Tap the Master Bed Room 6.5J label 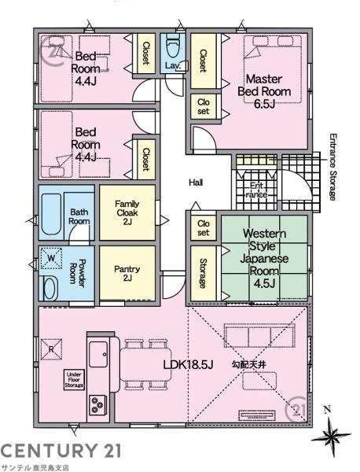pyautogui.click(x=264, y=91)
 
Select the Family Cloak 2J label pyautogui.click(x=127, y=213)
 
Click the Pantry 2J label pyautogui.click(x=127, y=273)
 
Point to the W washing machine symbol pyautogui.click(x=51, y=258)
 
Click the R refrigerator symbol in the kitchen pyautogui.click(x=51, y=349)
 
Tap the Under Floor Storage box pyautogui.click(x=74, y=380)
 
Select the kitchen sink pyautogui.click(x=98, y=354)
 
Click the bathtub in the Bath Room pyautogui.click(x=51, y=214)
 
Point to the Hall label pyautogui.click(x=196, y=183)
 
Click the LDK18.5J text pyautogui.click(x=189, y=365)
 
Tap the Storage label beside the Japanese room pyautogui.click(x=204, y=273)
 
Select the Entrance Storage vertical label pyautogui.click(x=332, y=167)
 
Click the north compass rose pyautogui.click(x=331, y=434)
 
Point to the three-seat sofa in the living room pyautogui.click(x=259, y=336)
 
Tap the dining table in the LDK pyautogui.click(x=146, y=364)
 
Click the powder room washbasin pyautogui.click(x=50, y=289)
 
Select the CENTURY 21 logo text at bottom pyautogui.click(x=61, y=451)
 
